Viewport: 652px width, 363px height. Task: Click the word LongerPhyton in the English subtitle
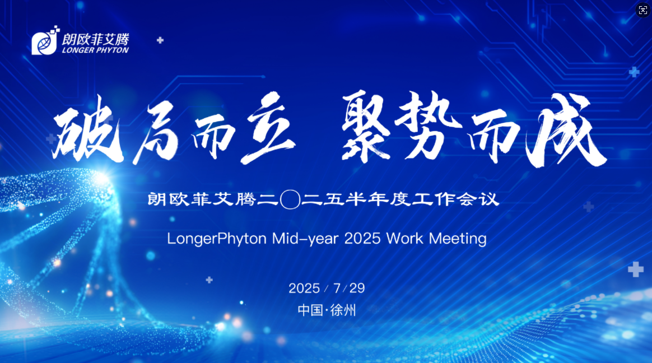[x=217, y=239]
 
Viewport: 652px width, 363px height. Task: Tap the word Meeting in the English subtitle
[x=458, y=239]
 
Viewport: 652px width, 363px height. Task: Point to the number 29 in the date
[x=357, y=288]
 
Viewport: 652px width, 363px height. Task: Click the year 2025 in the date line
[x=304, y=288]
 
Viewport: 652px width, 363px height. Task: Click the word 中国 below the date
[x=309, y=310]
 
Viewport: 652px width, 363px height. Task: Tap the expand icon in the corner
[x=642, y=10]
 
